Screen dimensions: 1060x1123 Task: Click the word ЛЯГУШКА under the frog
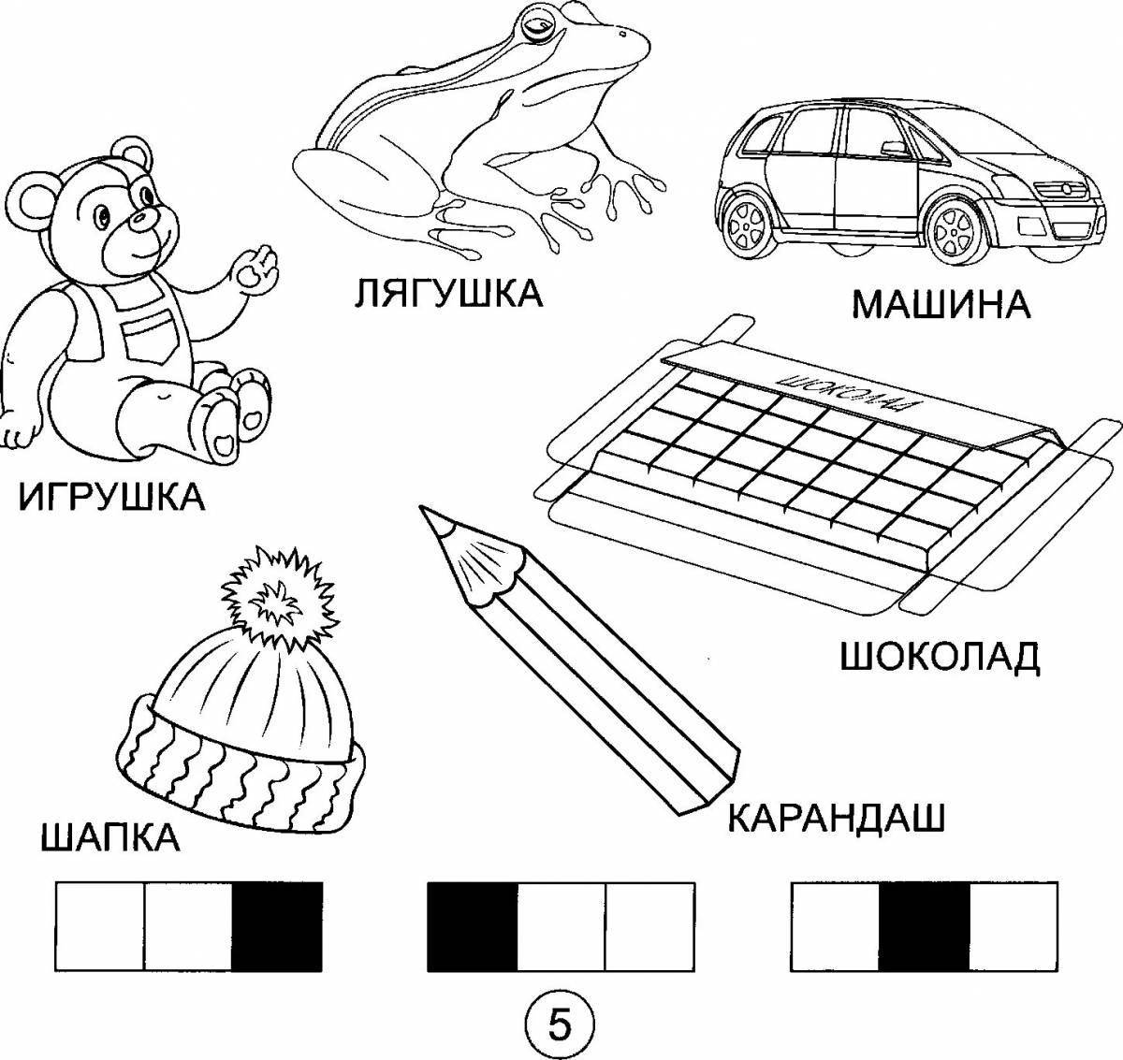pyautogui.click(x=448, y=293)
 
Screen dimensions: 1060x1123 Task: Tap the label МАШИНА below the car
pyautogui.click(x=941, y=305)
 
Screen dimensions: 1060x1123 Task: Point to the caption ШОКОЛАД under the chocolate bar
pyautogui.click(x=939, y=657)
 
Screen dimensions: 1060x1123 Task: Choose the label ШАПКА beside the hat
pyautogui.click(x=110, y=836)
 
